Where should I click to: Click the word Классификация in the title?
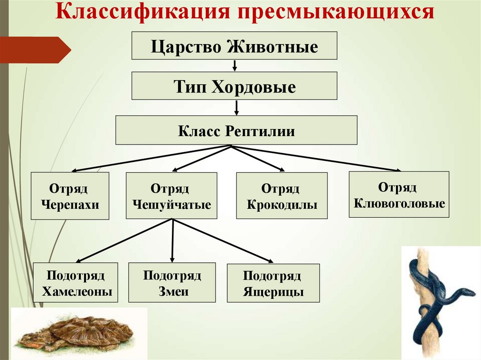(140, 13)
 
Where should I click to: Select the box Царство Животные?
(234, 46)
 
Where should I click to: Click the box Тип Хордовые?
(234, 85)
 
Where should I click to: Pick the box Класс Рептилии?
(236, 130)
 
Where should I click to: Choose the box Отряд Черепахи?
(70, 196)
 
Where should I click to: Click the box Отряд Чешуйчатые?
(171, 196)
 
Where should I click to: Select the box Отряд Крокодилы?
(282, 196)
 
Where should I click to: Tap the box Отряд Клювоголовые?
(399, 194)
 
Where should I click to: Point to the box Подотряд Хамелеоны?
(76, 283)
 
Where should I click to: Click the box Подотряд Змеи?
(172, 283)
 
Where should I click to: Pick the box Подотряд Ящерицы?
(273, 283)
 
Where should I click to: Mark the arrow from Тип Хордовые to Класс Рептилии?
(236, 107)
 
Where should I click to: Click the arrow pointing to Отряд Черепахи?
(150, 159)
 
